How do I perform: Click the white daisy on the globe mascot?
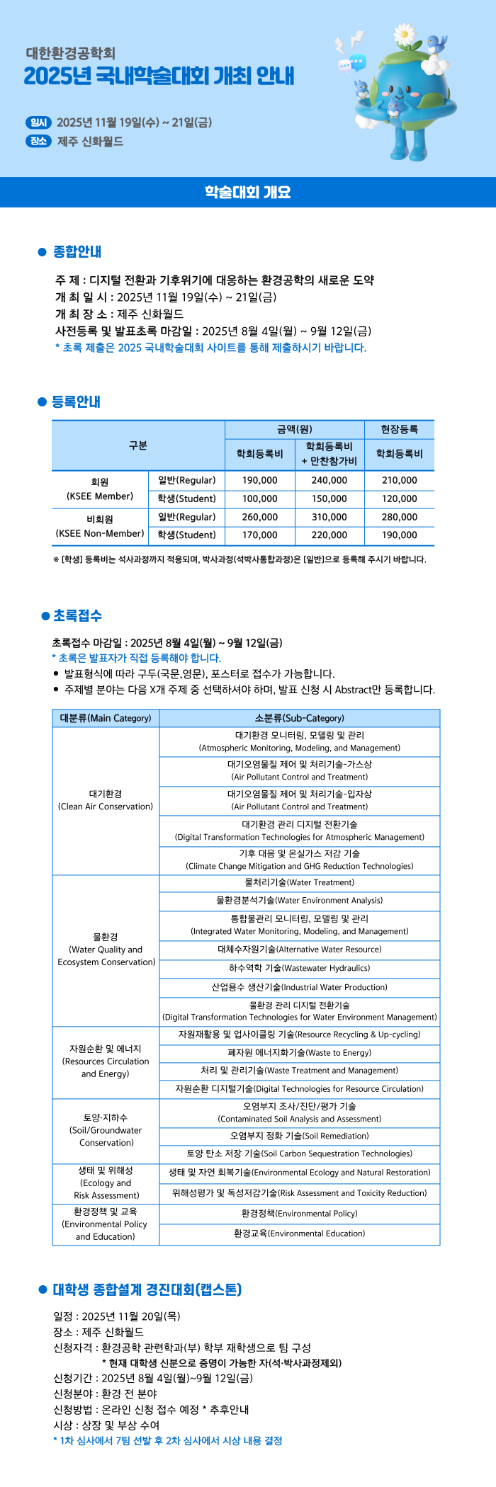(x=405, y=33)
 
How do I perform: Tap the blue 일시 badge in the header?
(x=38, y=123)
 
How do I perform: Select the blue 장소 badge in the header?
(x=38, y=141)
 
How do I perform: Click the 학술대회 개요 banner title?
(x=247, y=192)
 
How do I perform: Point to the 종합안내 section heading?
(x=77, y=251)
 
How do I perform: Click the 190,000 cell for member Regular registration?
(x=259, y=480)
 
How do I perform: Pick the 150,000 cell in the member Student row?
(x=329, y=498)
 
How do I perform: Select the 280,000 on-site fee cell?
(x=399, y=517)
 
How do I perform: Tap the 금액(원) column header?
(x=294, y=429)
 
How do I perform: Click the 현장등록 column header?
(x=399, y=429)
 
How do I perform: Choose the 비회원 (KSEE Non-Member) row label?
(x=100, y=526)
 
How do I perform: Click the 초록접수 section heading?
(x=77, y=615)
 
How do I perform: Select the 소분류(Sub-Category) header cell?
(x=299, y=718)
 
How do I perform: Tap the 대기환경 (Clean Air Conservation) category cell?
(x=106, y=800)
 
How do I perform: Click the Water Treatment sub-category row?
(x=299, y=882)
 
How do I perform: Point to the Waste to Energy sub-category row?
(x=299, y=1052)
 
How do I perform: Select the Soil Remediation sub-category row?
(x=299, y=1136)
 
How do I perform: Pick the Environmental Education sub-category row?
(x=299, y=1233)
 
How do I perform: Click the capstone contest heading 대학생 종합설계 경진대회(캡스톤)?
(x=147, y=1289)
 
